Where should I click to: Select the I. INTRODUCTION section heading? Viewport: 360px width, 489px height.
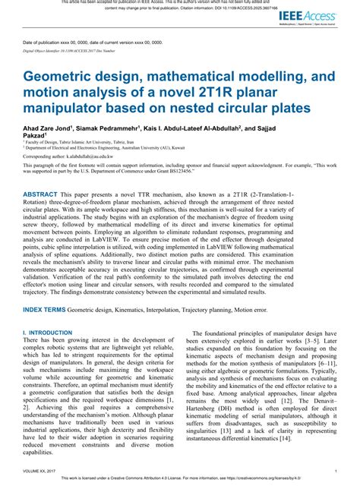point(47,354)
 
